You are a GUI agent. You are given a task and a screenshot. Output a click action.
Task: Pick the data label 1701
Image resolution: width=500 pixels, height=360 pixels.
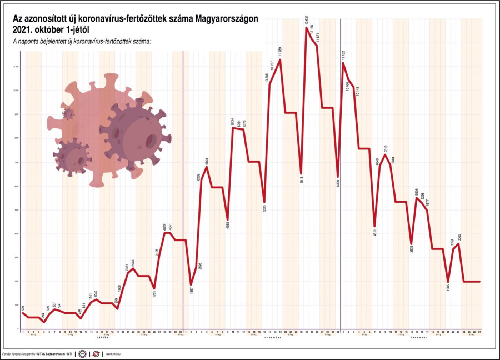coord(154,296)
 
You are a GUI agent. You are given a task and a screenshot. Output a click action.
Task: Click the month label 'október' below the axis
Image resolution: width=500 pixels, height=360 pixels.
coord(104,337)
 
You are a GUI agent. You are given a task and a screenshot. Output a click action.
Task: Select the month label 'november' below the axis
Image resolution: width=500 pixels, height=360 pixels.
coord(272,337)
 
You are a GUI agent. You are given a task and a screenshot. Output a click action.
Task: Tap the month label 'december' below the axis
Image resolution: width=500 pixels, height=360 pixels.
coord(418,337)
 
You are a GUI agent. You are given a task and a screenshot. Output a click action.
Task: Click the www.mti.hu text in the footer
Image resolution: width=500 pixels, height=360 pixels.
coord(114,353)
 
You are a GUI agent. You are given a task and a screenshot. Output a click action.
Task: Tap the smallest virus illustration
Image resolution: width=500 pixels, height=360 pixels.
coord(68,114)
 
